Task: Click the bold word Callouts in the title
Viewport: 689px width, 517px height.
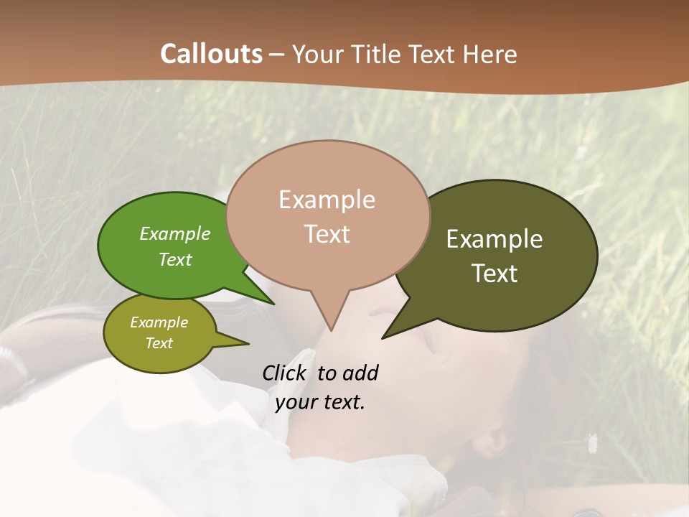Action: coord(211,54)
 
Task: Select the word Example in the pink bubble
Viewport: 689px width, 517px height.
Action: coord(327,200)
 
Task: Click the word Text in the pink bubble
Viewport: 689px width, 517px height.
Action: coord(327,234)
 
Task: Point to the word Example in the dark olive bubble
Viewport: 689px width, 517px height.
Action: coord(495,239)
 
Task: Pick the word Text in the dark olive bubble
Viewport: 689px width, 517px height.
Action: coord(495,274)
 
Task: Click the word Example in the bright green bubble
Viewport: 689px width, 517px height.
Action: coord(174,234)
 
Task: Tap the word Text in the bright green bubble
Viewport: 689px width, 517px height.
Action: coord(175,259)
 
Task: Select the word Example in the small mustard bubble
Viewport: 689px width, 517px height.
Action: coord(159,322)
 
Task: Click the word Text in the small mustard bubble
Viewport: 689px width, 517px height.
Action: coord(159,343)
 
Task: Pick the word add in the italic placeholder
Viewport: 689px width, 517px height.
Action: coord(360,373)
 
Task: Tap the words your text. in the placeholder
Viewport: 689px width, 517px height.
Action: coord(320,402)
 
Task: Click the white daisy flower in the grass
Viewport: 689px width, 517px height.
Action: coord(593,443)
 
